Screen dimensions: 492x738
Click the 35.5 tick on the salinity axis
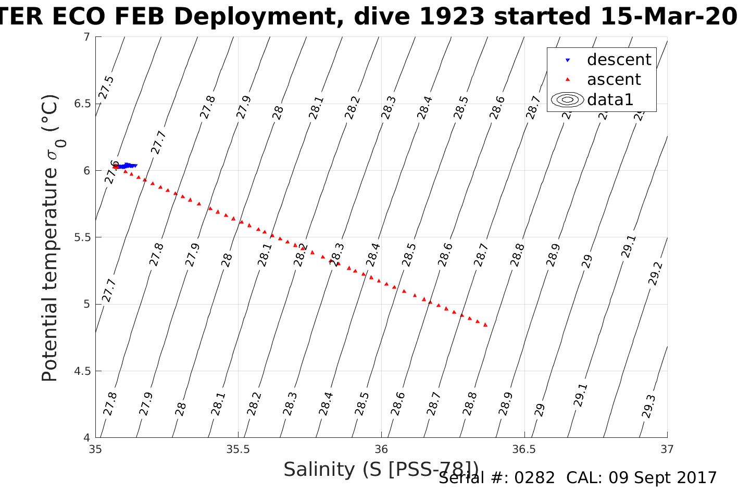click(x=238, y=449)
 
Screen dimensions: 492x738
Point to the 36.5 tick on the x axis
click(x=524, y=449)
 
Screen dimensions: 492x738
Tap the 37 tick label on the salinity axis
click(x=667, y=449)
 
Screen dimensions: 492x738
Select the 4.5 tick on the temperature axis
click(x=82, y=371)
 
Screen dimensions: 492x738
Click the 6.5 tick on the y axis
click(x=82, y=104)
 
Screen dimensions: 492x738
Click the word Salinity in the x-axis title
click(x=318, y=470)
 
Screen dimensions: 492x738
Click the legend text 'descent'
click(x=619, y=60)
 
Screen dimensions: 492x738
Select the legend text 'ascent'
click(x=614, y=80)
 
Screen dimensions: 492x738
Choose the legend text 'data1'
click(x=610, y=99)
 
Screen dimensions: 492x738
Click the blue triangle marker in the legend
click(x=568, y=60)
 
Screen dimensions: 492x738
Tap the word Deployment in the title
click(x=261, y=17)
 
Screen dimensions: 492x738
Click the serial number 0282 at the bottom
click(x=534, y=478)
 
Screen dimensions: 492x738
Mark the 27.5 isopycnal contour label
click(x=107, y=87)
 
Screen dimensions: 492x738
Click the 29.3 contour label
click(x=649, y=406)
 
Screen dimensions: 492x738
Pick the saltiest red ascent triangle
click(x=485, y=325)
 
